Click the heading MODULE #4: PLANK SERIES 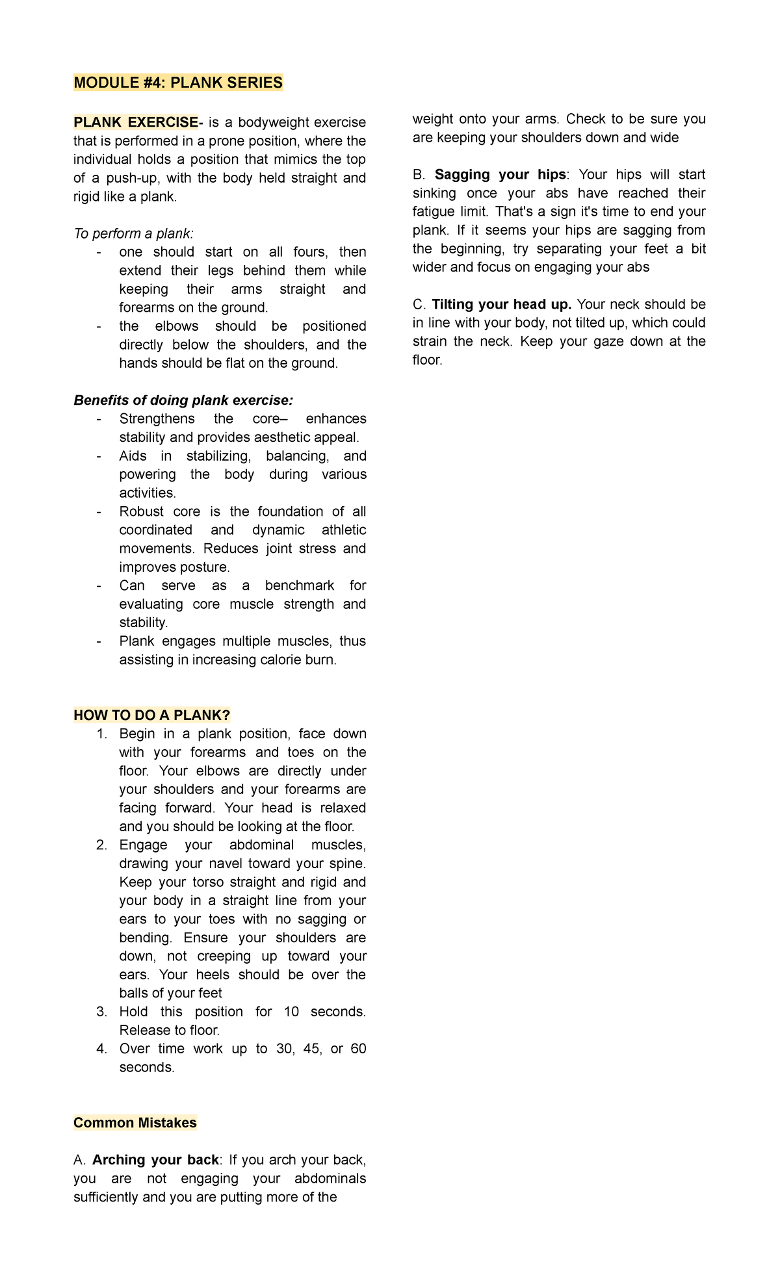pos(178,83)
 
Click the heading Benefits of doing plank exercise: pos(183,400)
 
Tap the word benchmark pos(299,585)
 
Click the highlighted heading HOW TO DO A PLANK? pos(152,715)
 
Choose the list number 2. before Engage pos(101,845)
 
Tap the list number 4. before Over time pos(101,1049)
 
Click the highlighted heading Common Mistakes pos(135,1123)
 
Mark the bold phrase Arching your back pos(155,1160)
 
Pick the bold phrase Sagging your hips pos(500,175)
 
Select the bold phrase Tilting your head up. pos(501,305)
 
